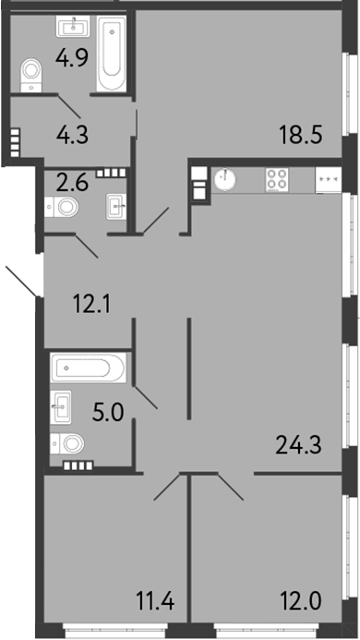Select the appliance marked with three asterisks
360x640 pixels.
328,179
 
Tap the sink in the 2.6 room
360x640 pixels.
116,203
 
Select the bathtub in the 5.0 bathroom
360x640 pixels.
89,370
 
